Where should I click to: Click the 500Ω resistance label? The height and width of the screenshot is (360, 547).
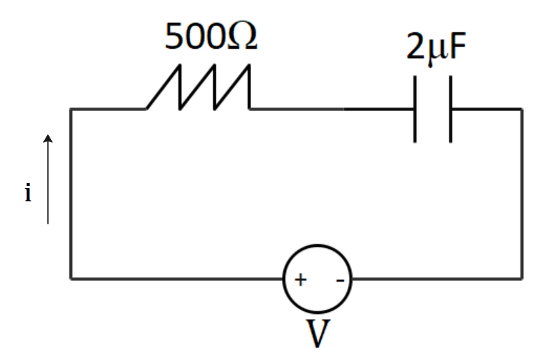[x=211, y=37]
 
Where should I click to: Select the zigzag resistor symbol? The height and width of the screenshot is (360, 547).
[x=198, y=88]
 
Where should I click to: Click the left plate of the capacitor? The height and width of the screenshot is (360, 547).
[x=416, y=109]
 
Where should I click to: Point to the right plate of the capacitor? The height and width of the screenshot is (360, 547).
[x=450, y=109]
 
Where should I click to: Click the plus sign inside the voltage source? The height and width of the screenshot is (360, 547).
[x=300, y=280]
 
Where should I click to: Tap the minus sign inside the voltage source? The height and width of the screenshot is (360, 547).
[x=339, y=281]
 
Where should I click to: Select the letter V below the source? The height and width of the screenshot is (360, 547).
[x=318, y=334]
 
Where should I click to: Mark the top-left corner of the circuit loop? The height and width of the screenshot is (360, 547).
[x=71, y=109]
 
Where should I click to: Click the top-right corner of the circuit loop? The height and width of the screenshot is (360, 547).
[x=521, y=109]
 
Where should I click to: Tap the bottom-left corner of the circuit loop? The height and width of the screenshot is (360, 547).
[x=71, y=279]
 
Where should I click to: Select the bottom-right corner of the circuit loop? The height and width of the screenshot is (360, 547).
[x=521, y=279]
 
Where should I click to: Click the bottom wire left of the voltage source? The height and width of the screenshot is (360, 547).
[x=175, y=279]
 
